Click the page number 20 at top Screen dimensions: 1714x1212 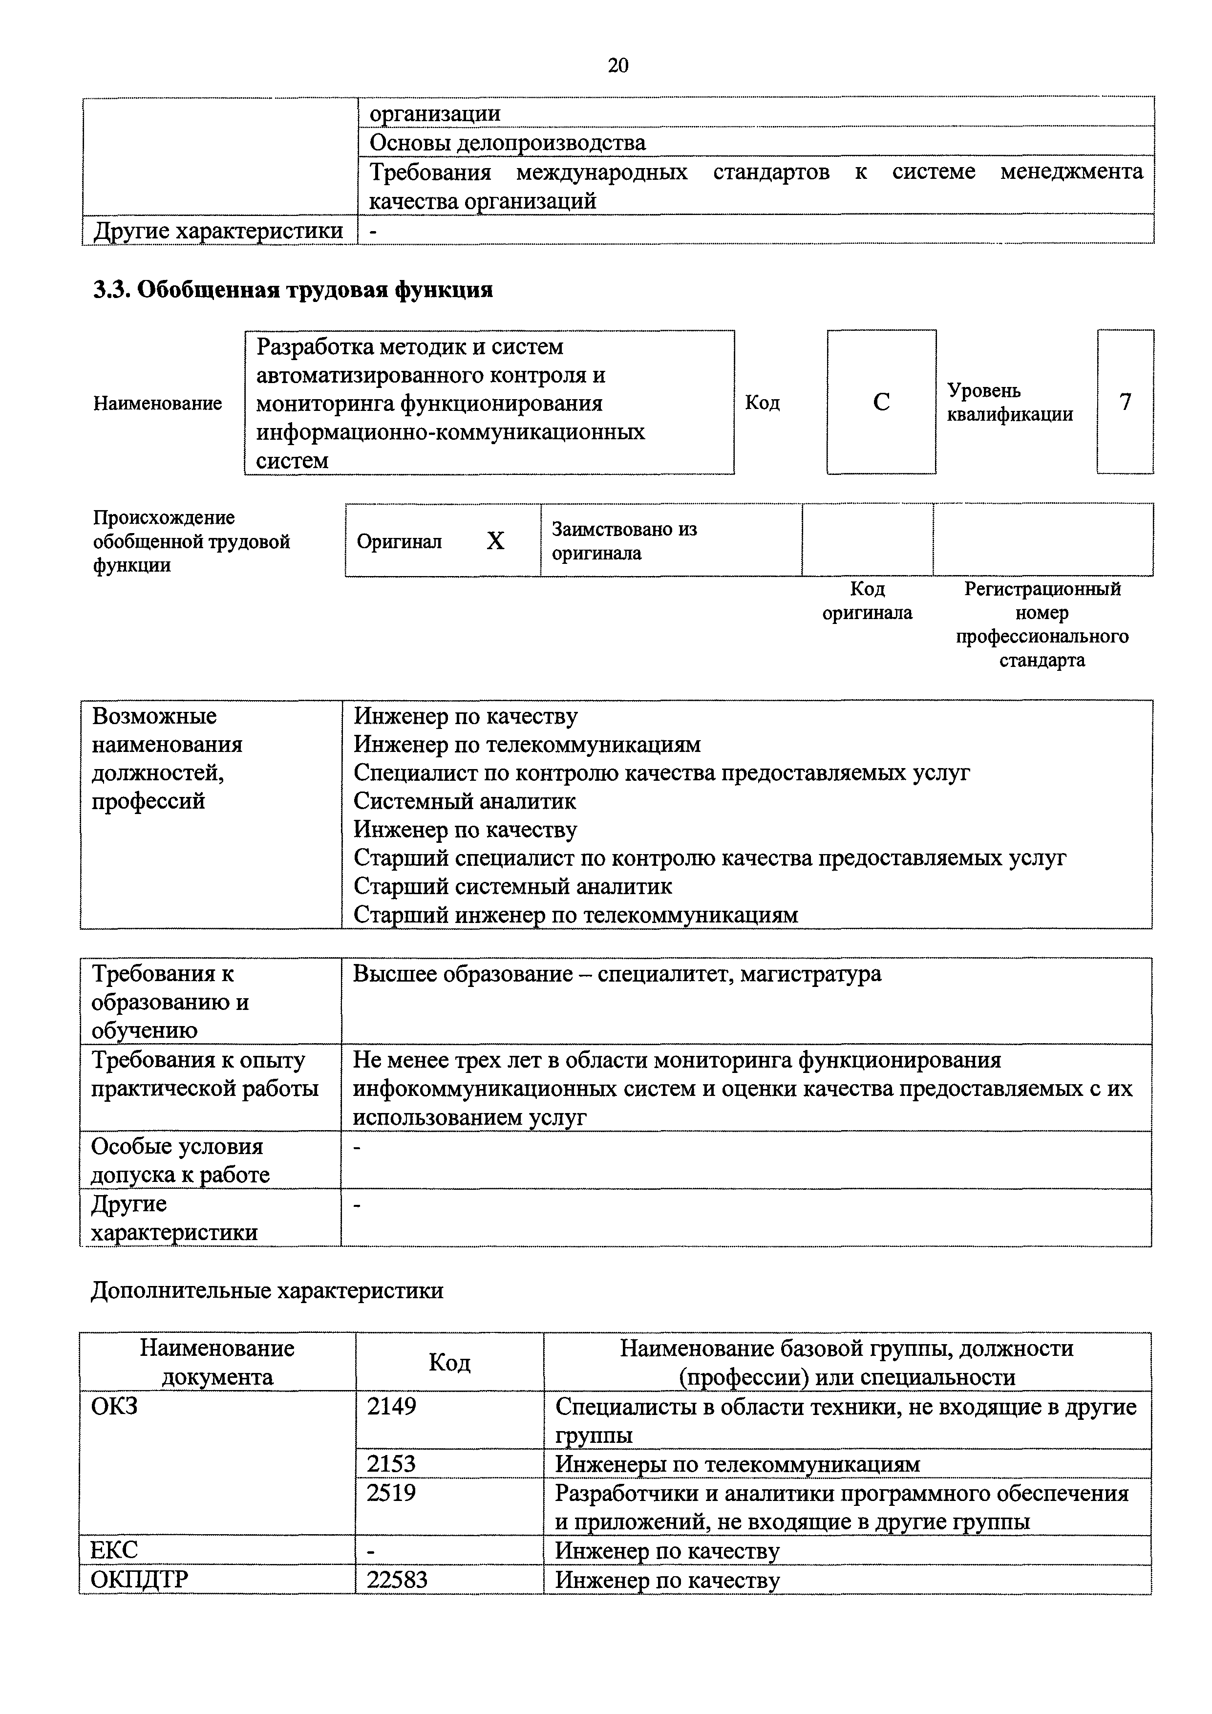(x=618, y=65)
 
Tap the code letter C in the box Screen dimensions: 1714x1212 (x=881, y=403)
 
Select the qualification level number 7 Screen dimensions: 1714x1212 (x=1125, y=403)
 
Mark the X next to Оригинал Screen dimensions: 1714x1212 (x=495, y=540)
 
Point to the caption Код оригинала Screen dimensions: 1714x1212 (x=867, y=601)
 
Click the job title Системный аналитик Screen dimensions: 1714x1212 (x=464, y=801)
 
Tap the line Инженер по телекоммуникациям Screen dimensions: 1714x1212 (x=527, y=744)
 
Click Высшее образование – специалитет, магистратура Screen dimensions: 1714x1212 (x=617, y=973)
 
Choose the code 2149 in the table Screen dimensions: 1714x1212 (x=391, y=1407)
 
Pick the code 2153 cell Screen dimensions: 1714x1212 (x=391, y=1464)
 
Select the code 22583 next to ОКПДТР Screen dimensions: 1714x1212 (x=397, y=1580)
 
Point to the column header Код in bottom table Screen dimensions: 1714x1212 (x=449, y=1362)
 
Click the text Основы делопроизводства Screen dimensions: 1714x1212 (x=508, y=143)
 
